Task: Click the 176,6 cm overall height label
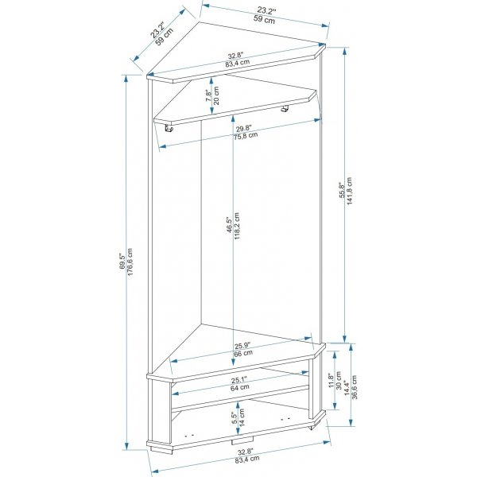click(130, 262)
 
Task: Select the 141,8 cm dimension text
click(349, 191)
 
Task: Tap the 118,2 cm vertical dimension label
click(237, 226)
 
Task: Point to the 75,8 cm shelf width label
click(246, 135)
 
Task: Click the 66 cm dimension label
click(243, 353)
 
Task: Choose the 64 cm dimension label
click(240, 388)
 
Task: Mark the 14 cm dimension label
click(242, 417)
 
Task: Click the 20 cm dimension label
click(216, 95)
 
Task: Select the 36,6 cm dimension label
click(355, 387)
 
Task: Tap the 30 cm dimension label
click(339, 380)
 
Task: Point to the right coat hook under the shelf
click(285, 109)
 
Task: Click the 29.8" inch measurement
click(244, 128)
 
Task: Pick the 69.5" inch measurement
click(122, 262)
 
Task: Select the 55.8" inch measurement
click(341, 191)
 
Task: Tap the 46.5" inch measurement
click(230, 224)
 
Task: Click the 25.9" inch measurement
click(242, 346)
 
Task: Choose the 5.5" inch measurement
click(234, 418)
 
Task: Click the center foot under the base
click(242, 440)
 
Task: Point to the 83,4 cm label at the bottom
click(247, 459)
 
